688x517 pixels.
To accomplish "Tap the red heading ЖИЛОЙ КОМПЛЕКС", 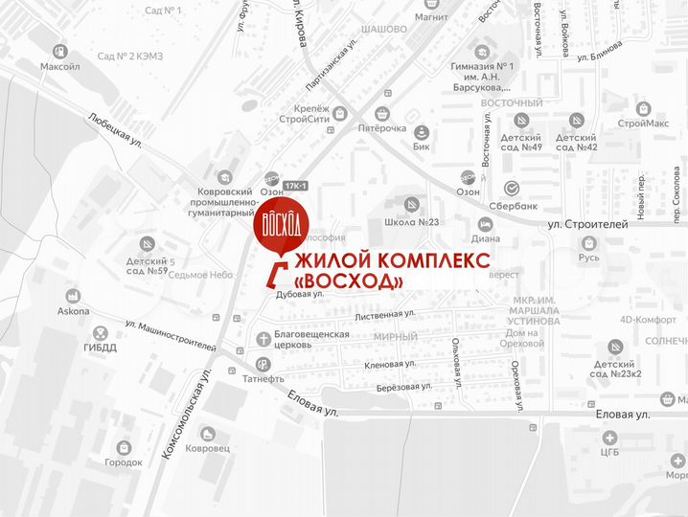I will (394, 261).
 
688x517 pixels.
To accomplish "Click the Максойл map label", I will (60, 67).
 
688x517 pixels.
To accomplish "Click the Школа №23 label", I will (411, 221).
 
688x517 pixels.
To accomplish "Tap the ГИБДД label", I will (99, 347).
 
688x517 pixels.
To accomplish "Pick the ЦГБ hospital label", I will (609, 451).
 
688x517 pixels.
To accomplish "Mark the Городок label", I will (124, 462).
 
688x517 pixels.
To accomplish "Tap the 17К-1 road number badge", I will (297, 185).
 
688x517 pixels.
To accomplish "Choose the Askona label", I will (73, 311).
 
